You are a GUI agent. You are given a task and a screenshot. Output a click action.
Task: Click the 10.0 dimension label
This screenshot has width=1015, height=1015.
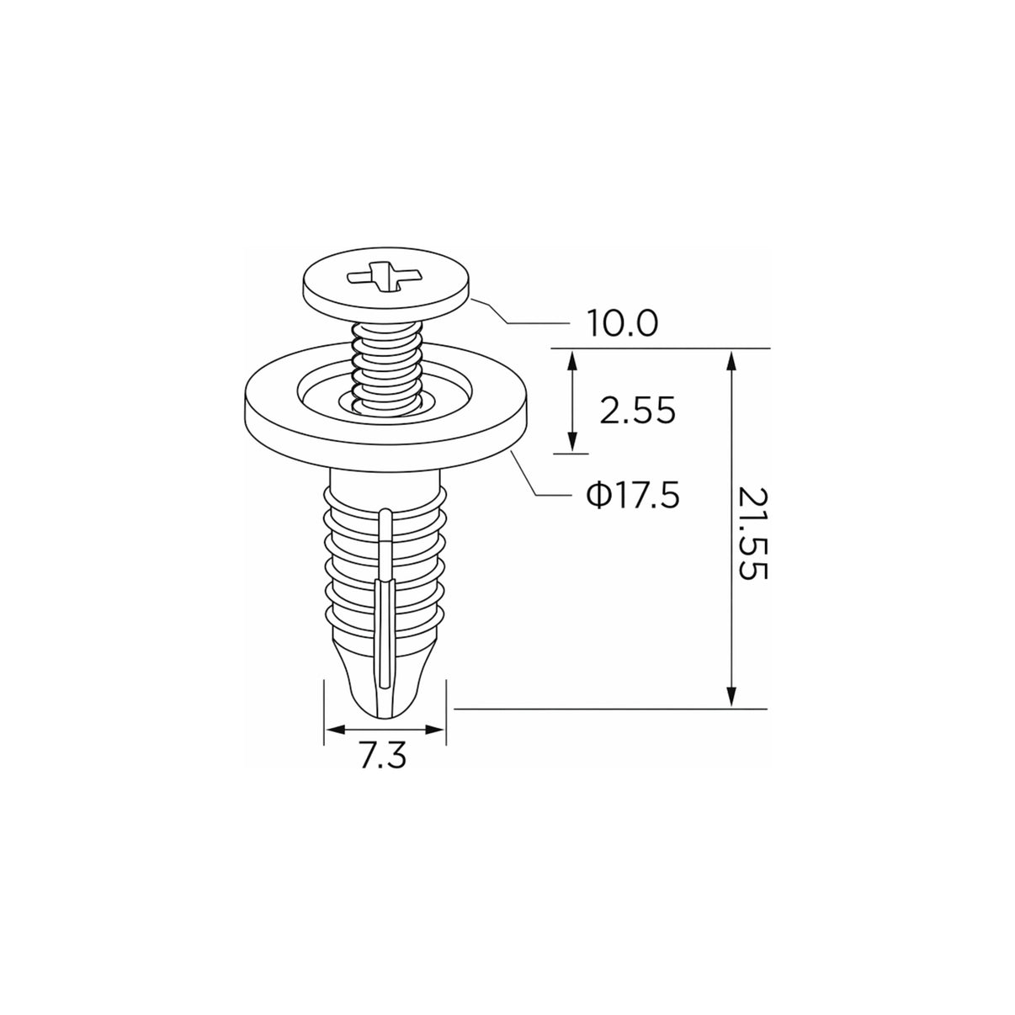point(623,323)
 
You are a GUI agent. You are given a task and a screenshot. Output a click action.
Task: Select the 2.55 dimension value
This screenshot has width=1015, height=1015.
point(637,411)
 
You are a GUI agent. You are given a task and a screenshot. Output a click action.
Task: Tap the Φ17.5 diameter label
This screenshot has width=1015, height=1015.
point(633,495)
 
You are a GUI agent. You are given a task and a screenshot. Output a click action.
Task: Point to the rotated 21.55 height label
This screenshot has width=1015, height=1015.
point(752,534)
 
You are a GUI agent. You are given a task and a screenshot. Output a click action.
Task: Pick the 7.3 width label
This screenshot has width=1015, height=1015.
point(384,757)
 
